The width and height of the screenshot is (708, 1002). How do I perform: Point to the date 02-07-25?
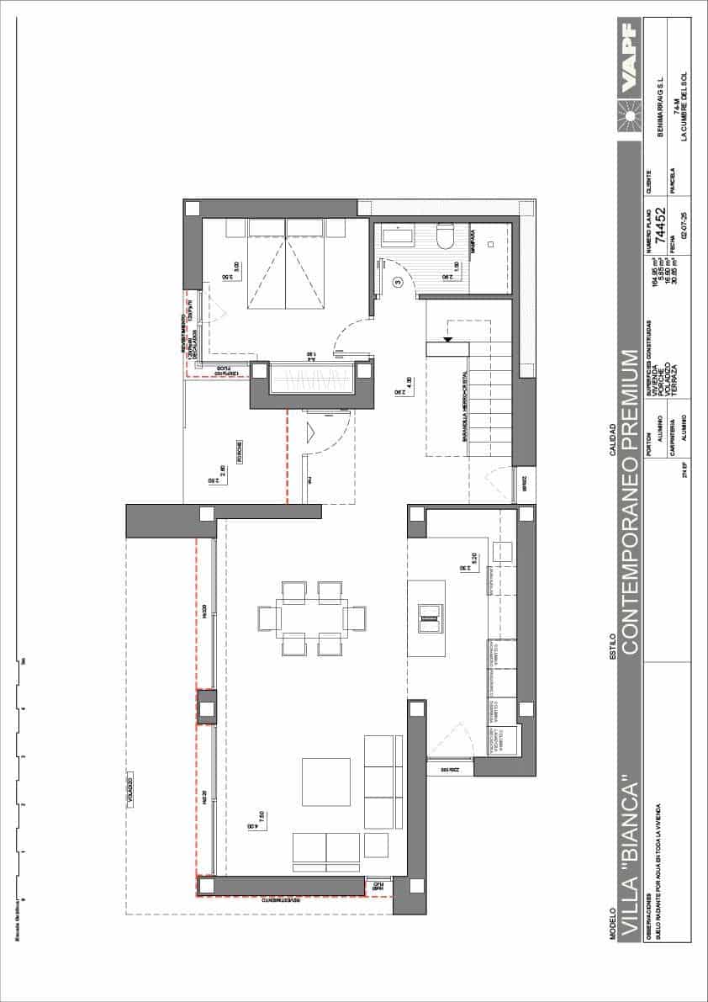click(684, 228)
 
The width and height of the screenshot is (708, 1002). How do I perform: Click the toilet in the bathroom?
click(445, 237)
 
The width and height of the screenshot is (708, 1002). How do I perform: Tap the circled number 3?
click(398, 284)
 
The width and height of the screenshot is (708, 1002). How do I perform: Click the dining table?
click(311, 618)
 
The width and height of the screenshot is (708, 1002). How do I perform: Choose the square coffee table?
click(326, 782)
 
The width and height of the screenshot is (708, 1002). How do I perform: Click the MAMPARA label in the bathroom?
click(473, 241)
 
